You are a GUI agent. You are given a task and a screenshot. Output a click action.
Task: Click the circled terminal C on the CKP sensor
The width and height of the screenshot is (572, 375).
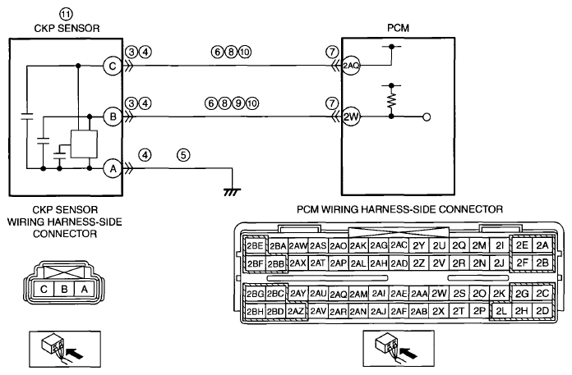(x=113, y=66)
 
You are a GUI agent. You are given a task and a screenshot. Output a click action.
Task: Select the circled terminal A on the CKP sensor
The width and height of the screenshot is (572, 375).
(x=113, y=168)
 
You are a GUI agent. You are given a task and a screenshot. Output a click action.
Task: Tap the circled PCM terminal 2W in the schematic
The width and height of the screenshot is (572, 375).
(x=351, y=117)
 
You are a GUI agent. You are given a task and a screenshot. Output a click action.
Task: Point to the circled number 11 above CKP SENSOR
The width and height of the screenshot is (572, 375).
(x=66, y=14)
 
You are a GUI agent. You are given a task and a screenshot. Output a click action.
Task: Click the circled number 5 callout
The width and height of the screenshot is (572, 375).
(x=183, y=155)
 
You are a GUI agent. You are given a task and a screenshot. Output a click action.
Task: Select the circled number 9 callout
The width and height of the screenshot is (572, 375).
(x=238, y=103)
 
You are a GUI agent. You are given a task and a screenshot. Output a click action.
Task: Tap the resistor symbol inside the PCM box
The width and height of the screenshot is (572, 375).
(x=391, y=100)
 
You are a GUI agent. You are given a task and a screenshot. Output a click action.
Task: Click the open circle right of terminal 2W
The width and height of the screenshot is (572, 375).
(x=426, y=117)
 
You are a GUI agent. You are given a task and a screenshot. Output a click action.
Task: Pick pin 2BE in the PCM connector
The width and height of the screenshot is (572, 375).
(x=255, y=245)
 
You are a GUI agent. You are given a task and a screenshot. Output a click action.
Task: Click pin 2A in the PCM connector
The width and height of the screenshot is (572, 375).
(x=542, y=245)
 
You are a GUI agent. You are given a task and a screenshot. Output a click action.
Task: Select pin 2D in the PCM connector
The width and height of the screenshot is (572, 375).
(x=542, y=311)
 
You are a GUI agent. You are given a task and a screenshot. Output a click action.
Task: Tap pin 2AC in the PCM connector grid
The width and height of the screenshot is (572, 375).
(x=399, y=245)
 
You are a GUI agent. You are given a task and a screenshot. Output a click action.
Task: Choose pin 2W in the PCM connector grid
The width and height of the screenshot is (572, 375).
(x=439, y=294)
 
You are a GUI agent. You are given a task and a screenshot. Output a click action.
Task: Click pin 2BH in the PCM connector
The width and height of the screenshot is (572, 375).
(x=255, y=311)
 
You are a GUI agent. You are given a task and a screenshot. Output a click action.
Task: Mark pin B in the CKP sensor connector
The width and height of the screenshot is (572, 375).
(x=64, y=289)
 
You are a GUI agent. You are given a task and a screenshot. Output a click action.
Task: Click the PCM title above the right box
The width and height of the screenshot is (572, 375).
(x=398, y=28)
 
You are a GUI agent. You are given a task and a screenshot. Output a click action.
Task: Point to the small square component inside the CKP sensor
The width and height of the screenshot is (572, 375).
(x=84, y=144)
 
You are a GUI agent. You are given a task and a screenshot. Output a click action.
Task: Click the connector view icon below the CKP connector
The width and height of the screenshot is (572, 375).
(x=65, y=349)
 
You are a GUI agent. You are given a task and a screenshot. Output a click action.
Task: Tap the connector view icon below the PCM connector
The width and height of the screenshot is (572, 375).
(x=399, y=349)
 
